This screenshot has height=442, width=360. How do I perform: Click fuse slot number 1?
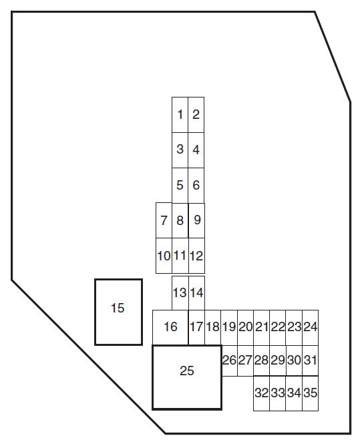(180, 115)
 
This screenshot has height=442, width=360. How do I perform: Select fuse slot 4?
(196, 150)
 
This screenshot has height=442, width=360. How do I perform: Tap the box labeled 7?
(164, 220)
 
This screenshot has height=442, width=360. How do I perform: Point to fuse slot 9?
(196, 220)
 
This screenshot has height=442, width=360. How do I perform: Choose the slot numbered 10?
(164, 256)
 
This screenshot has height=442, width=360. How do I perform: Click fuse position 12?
(196, 256)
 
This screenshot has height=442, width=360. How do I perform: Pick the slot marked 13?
(180, 293)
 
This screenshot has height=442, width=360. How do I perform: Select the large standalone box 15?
(118, 312)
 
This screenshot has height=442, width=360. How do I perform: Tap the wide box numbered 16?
(170, 328)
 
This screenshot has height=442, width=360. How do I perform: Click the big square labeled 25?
(187, 377)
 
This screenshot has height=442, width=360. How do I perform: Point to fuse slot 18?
(212, 328)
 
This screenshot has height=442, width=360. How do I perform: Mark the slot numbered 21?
(261, 328)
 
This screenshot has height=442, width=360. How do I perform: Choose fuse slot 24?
(311, 328)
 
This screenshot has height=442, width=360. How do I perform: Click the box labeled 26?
(230, 361)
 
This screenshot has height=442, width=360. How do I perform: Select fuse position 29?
(278, 361)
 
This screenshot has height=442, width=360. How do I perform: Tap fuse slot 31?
(311, 361)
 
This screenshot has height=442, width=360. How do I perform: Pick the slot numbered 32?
(261, 393)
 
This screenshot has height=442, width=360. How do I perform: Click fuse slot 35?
(311, 393)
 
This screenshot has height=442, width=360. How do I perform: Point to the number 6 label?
(196, 185)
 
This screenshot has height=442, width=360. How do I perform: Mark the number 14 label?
(196, 292)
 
